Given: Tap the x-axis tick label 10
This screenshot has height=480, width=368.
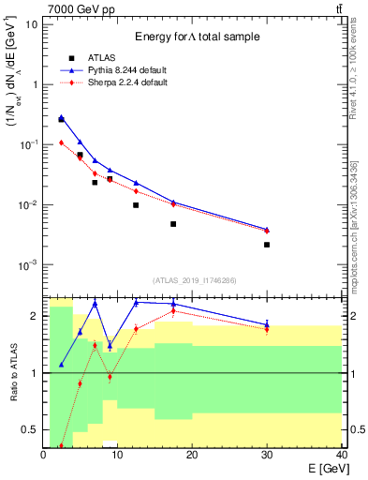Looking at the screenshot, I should tap(117, 455).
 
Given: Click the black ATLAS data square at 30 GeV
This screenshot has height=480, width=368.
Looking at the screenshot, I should tap(267, 245).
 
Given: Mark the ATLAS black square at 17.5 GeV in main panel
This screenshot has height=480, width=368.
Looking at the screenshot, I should tap(173, 224).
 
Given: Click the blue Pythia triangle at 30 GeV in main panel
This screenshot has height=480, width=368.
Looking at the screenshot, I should tap(267, 229).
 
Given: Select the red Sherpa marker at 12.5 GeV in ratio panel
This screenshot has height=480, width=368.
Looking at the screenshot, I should tap(136, 328).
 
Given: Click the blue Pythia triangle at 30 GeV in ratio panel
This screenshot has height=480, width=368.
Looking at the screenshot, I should tap(267, 324).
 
